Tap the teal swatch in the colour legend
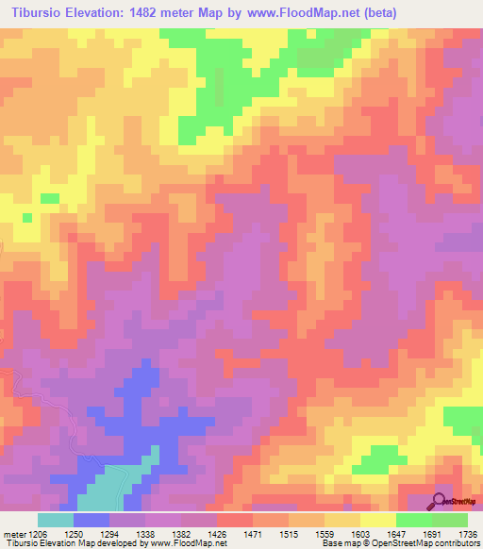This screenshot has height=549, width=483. click(56, 520)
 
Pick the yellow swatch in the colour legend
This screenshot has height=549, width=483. click(377, 520)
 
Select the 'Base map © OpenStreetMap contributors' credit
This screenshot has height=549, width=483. click(399, 543)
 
